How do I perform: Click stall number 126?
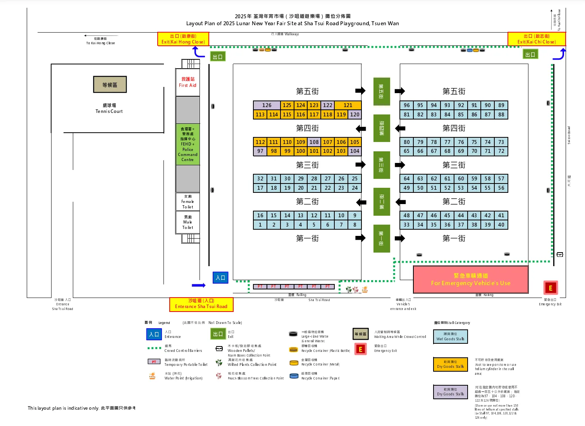(267, 105)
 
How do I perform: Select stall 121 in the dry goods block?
(348, 105)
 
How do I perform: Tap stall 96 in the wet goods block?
(406, 105)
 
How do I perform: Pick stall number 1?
(260, 225)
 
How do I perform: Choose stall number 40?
(501, 225)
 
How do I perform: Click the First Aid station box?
(188, 82)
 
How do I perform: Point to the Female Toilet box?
(188, 202)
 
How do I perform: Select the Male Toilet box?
(188, 222)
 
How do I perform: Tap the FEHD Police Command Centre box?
(188, 144)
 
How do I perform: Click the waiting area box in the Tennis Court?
(110, 85)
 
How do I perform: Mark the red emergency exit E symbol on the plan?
(550, 288)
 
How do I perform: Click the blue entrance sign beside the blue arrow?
(220, 277)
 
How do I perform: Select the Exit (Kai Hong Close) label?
(183, 39)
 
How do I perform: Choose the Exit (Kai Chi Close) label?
(536, 39)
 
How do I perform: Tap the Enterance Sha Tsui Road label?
(201, 304)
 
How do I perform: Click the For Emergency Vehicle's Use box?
(470, 279)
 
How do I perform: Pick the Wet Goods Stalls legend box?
(450, 336)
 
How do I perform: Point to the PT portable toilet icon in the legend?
(154, 362)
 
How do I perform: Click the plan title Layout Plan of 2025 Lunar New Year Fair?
(292, 23)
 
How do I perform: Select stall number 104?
(354, 151)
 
